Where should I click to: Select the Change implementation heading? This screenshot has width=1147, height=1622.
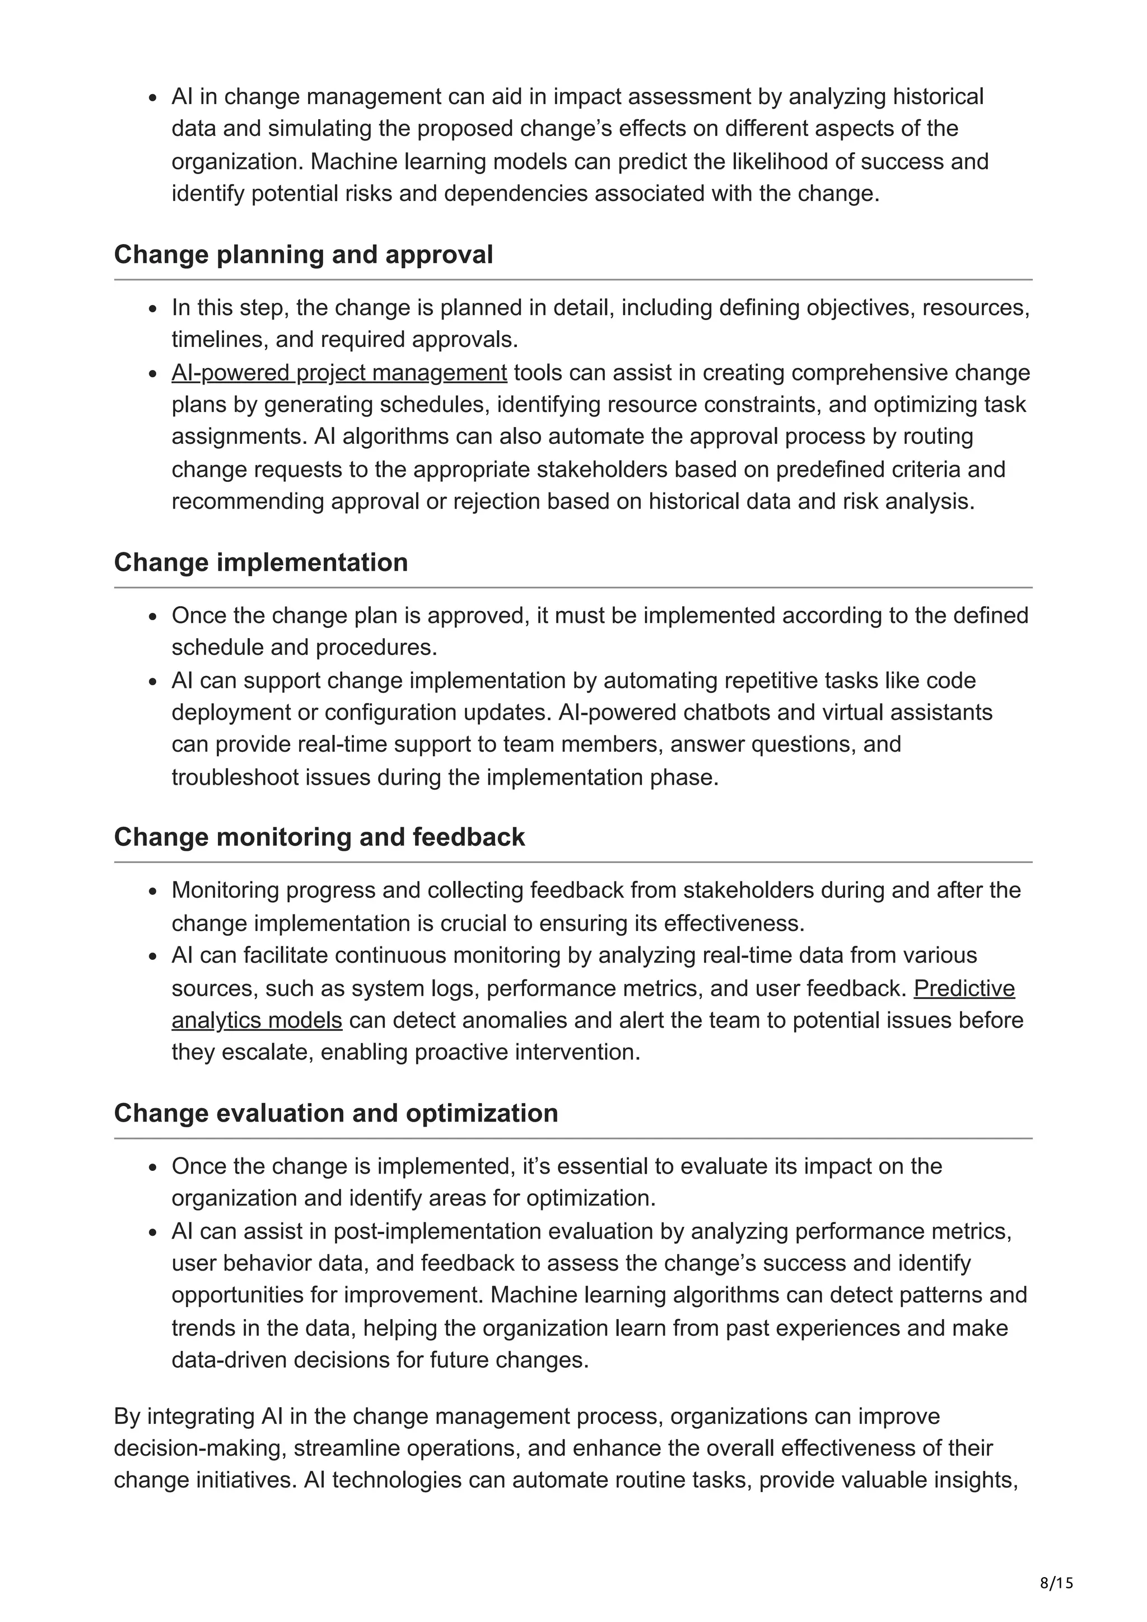click(x=261, y=562)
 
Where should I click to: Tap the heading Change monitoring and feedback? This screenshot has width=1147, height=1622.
click(x=319, y=837)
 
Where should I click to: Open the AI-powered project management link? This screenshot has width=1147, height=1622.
click(x=339, y=372)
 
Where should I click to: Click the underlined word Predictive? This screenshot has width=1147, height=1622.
click(x=964, y=988)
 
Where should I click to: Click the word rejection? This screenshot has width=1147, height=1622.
click(x=496, y=501)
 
